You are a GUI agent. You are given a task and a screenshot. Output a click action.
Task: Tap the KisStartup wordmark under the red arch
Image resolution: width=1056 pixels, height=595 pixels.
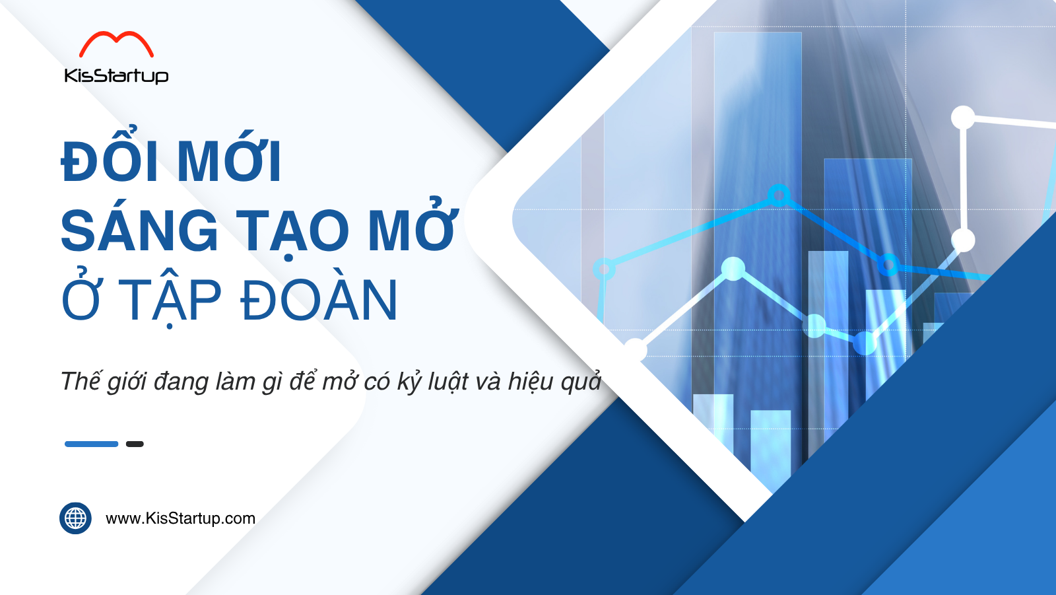[x=116, y=75]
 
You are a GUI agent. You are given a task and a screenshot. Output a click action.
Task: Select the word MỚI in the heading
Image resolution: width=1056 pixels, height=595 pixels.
[x=230, y=158]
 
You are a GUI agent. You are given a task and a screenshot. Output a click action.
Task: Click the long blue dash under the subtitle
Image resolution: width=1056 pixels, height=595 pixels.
[x=92, y=444]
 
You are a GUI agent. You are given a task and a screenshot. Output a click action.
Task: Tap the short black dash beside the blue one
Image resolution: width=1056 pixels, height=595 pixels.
[x=135, y=444]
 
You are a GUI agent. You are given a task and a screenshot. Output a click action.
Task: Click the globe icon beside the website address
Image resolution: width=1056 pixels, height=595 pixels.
[x=75, y=518]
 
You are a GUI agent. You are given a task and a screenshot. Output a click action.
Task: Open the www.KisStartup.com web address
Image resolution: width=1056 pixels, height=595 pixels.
[x=181, y=518]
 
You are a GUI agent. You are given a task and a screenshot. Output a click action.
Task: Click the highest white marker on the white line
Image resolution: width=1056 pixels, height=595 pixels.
[x=963, y=118]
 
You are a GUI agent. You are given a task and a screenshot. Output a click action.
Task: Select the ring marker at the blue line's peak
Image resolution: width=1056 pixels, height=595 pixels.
[x=779, y=194]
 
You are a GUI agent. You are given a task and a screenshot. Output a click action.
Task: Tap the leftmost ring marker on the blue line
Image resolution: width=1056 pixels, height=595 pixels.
[x=604, y=269]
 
